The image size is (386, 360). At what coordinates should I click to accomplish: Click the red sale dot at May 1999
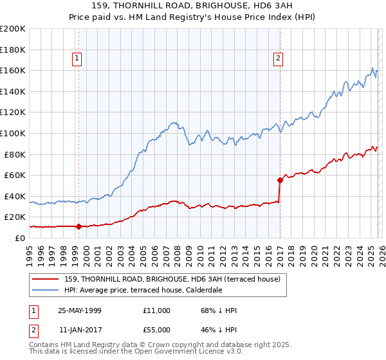(x=78, y=226)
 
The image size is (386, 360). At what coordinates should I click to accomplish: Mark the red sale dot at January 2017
(x=280, y=180)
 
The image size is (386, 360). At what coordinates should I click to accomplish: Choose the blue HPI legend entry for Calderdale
(x=143, y=291)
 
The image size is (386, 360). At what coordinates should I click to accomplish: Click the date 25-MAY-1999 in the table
(x=80, y=310)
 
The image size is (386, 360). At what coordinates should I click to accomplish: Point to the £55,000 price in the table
(x=157, y=330)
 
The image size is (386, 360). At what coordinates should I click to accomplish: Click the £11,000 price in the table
(x=157, y=310)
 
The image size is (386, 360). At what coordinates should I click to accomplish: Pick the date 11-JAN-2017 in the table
(x=80, y=330)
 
